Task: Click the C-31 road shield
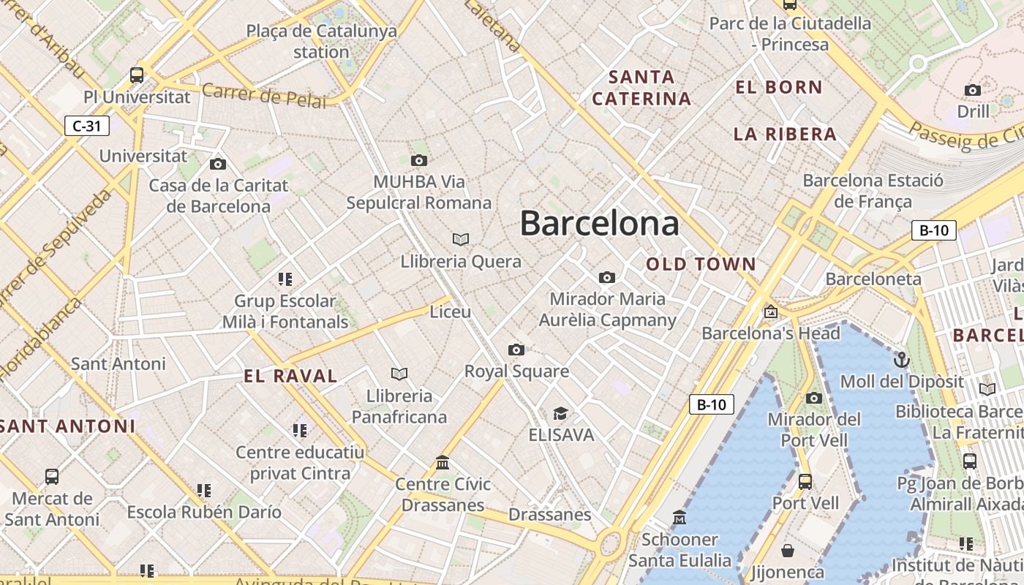click(86, 126)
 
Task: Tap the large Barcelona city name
click(599, 223)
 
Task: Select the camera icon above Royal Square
click(516, 350)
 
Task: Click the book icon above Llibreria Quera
click(460, 239)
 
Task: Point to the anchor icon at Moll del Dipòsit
click(902, 360)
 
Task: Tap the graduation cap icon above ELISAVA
click(560, 413)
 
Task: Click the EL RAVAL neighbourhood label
click(290, 377)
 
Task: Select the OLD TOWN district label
click(701, 265)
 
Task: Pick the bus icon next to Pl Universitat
click(137, 75)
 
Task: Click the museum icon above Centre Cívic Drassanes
click(443, 462)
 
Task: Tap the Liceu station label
click(451, 312)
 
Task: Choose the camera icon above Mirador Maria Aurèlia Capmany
click(606, 277)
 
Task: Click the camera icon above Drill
click(972, 90)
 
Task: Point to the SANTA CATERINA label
click(641, 88)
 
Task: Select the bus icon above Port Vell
click(805, 482)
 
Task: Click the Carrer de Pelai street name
click(263, 96)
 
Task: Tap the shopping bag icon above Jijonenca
click(788, 550)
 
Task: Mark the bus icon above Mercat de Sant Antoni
click(52, 477)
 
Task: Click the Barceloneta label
click(873, 279)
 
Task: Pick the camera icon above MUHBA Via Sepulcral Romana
click(418, 160)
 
